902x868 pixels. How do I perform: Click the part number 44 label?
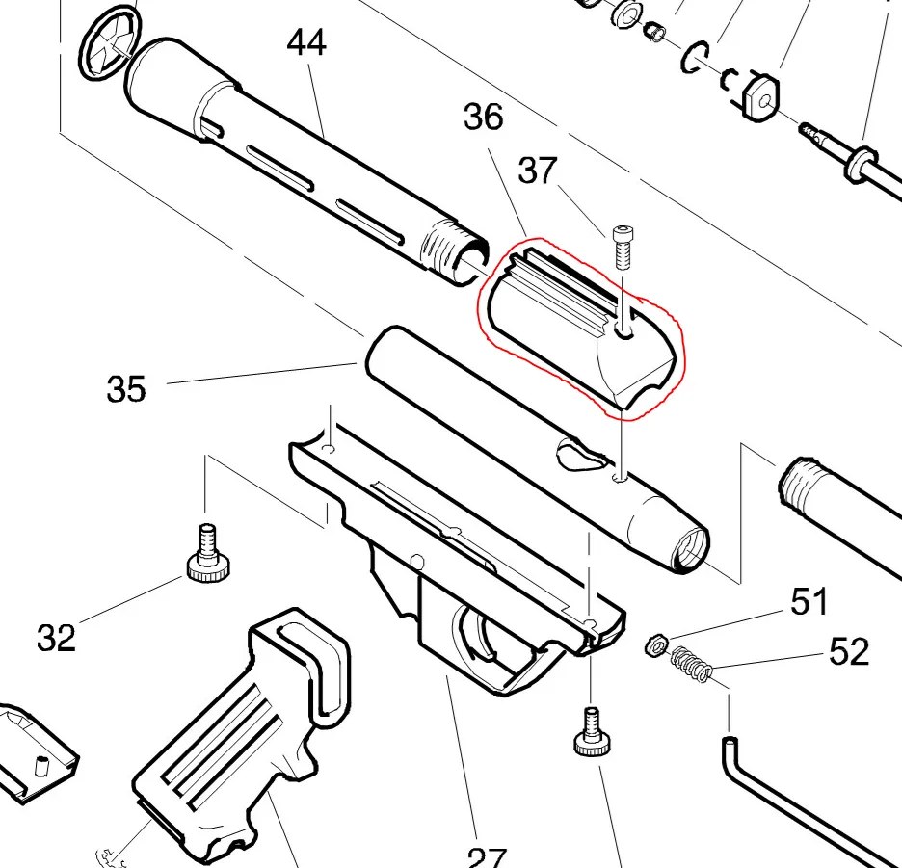(306, 43)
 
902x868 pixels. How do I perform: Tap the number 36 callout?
(483, 117)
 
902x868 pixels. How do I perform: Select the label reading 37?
(538, 171)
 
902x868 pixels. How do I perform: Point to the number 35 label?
(126, 389)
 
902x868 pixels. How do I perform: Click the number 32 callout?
(56, 637)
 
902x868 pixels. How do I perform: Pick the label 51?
(809, 602)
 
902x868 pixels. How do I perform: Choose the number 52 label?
(849, 652)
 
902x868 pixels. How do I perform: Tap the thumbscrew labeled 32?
(207, 556)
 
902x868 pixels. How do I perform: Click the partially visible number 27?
(487, 857)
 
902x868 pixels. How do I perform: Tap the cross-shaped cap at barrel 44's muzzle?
(106, 38)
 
